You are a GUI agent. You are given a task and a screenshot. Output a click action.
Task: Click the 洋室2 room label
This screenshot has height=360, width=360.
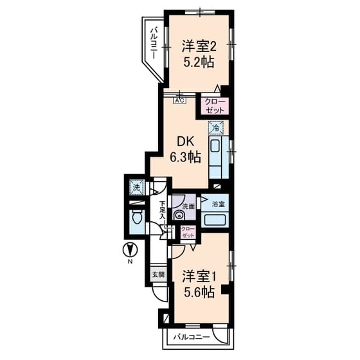(x=197, y=46)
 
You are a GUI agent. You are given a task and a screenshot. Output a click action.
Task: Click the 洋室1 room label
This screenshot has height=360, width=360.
(x=197, y=276)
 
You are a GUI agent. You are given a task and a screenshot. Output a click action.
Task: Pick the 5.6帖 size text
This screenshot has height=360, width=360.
(x=197, y=292)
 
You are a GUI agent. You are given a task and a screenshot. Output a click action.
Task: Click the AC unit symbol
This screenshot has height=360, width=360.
(x=179, y=100)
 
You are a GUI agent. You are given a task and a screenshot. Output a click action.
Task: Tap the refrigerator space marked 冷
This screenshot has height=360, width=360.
(x=217, y=127)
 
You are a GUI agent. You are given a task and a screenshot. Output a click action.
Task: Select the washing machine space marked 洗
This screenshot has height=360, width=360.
(x=136, y=188)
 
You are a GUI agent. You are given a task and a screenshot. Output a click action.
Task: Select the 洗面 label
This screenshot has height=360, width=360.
(x=188, y=207)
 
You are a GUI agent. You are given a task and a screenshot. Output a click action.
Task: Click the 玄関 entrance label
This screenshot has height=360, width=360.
(x=158, y=274)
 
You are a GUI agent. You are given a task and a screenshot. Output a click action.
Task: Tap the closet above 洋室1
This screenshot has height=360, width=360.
(x=188, y=232)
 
